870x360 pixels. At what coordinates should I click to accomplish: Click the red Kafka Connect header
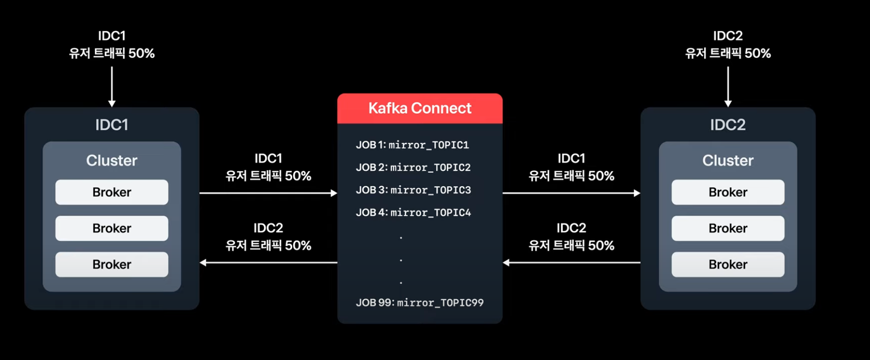(x=420, y=108)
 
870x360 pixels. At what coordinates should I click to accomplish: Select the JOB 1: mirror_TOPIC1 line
(x=412, y=145)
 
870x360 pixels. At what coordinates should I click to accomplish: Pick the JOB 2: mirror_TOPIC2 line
(x=413, y=167)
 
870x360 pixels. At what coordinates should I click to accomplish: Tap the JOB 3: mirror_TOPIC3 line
(x=413, y=190)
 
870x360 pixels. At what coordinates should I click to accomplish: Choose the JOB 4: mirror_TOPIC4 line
(x=413, y=212)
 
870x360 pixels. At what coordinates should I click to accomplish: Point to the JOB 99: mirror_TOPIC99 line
(x=420, y=303)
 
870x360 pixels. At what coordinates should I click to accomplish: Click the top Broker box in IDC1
(x=112, y=192)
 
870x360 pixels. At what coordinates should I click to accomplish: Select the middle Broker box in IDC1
(x=112, y=228)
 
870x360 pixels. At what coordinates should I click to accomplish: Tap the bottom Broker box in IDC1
(x=112, y=265)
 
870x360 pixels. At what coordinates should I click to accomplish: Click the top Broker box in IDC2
(x=728, y=192)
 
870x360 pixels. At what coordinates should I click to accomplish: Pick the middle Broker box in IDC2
(x=728, y=228)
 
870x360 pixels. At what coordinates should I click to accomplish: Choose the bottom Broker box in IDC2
(x=728, y=265)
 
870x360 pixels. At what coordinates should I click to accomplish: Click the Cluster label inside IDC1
(x=112, y=161)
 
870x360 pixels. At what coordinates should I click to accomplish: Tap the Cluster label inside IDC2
(x=728, y=161)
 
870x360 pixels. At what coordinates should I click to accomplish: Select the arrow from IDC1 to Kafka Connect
(x=268, y=193)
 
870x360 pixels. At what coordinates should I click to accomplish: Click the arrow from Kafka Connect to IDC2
(x=571, y=193)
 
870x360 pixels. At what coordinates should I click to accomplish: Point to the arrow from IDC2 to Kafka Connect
(x=571, y=263)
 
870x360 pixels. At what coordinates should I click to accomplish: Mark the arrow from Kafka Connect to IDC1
(x=268, y=263)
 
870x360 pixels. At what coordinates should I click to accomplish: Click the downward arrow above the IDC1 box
(x=112, y=86)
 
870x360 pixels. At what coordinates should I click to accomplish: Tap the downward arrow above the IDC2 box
(x=728, y=86)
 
